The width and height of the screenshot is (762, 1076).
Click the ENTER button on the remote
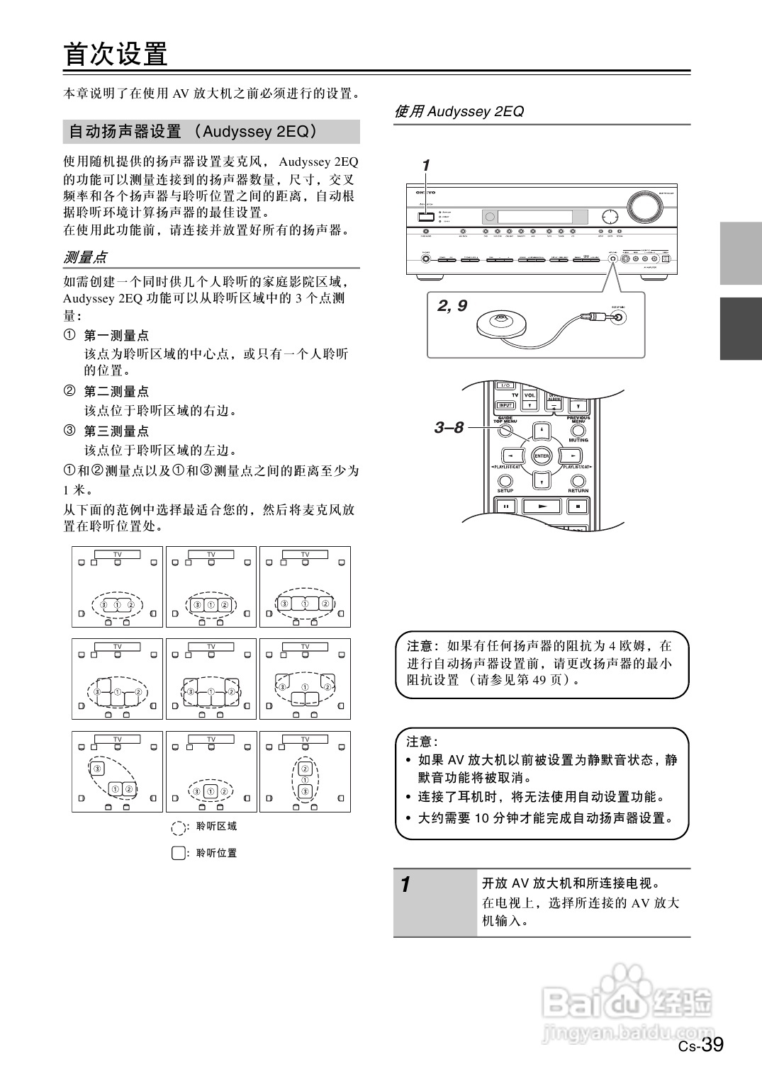click(542, 456)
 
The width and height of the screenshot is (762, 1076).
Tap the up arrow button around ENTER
click(542, 431)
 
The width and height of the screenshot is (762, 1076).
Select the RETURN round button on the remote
click(578, 480)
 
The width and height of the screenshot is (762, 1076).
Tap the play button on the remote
click(542, 506)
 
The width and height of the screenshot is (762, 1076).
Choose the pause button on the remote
click(506, 506)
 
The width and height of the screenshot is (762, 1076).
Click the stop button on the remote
click(578, 506)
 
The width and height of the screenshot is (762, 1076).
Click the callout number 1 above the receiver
click(425, 166)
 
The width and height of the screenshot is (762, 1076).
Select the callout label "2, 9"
click(452, 306)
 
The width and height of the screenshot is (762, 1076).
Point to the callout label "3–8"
click(449, 427)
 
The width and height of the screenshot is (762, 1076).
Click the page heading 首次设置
click(116, 54)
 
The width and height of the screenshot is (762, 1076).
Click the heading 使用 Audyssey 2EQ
click(459, 111)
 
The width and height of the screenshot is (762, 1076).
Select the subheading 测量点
click(85, 256)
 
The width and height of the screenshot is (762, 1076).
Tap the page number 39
click(712, 1045)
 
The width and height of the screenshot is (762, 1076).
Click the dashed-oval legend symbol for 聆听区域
click(179, 827)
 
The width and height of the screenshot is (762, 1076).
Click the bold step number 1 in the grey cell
click(405, 884)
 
